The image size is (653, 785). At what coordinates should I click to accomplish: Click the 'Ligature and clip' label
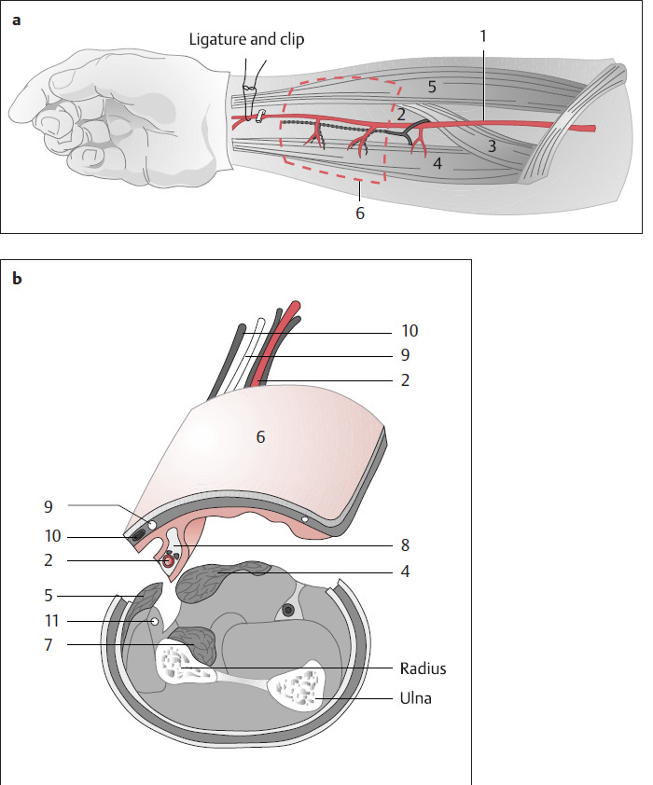[x=246, y=39]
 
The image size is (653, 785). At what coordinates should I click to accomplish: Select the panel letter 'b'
[x=16, y=277]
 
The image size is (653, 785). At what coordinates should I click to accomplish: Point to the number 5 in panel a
[x=431, y=87]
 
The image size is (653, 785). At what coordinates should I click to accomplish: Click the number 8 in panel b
[x=405, y=544]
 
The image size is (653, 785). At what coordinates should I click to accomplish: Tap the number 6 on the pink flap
[x=261, y=435]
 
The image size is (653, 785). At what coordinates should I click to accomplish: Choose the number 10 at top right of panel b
[x=410, y=330]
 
